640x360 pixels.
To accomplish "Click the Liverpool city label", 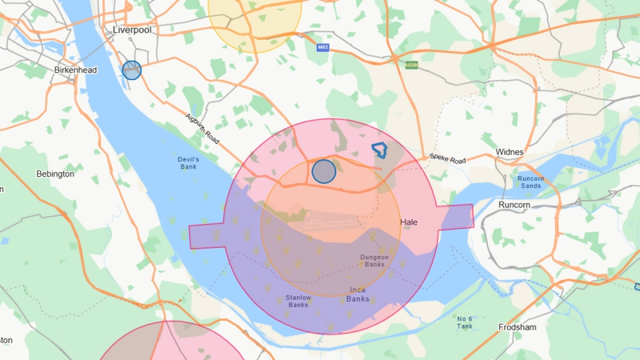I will point(132,30).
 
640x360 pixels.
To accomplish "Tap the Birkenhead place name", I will point(75,70).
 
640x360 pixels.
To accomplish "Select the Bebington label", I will point(55,173).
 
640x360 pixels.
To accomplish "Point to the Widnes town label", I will point(510,152).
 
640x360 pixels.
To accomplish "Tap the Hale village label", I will point(409,222).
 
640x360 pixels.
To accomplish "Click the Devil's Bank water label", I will point(187,163).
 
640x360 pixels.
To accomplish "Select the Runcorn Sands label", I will point(530,182).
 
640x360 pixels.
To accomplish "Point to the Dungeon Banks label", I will point(374,260).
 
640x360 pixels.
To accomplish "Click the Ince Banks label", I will point(358,294).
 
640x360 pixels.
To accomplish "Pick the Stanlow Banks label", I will point(298,301).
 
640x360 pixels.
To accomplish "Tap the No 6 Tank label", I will point(465,322).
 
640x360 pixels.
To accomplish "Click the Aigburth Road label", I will point(202,127).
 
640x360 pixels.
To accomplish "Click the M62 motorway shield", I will point(323,47).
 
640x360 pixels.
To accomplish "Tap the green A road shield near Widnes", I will point(412,65).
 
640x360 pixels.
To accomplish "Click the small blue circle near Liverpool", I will point(132,70).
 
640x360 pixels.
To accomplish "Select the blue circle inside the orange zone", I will point(323,171).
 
